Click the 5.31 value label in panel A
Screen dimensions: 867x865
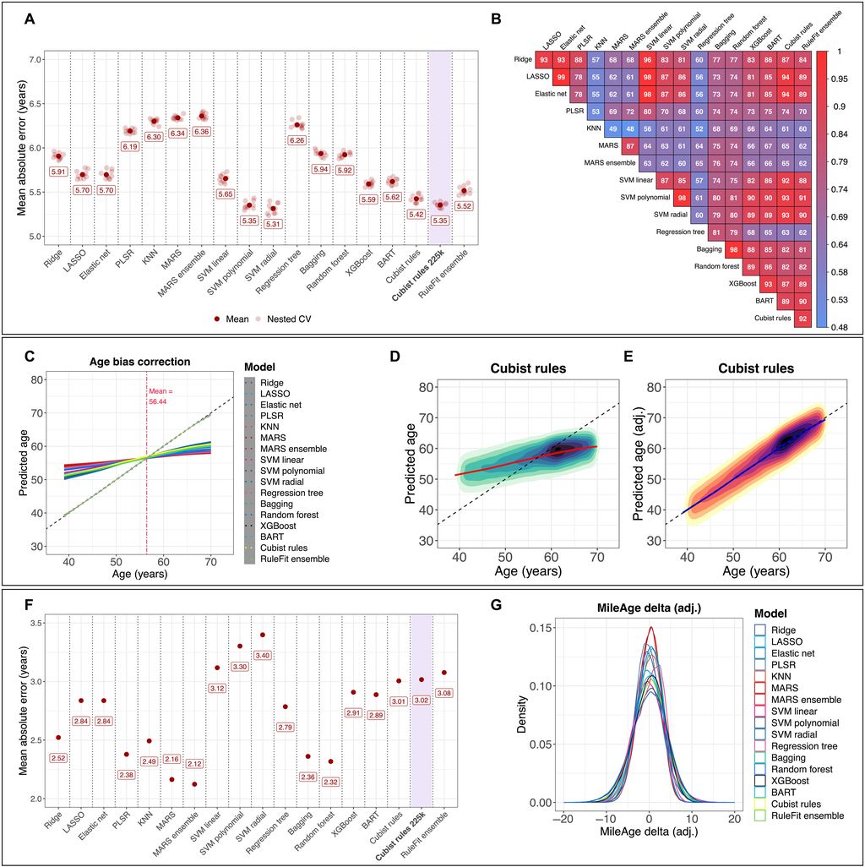coord(273,225)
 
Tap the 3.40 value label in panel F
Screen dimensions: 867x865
coord(264,655)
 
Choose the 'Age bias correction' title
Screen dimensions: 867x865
coord(139,362)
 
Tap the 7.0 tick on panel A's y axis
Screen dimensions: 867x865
coord(35,59)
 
